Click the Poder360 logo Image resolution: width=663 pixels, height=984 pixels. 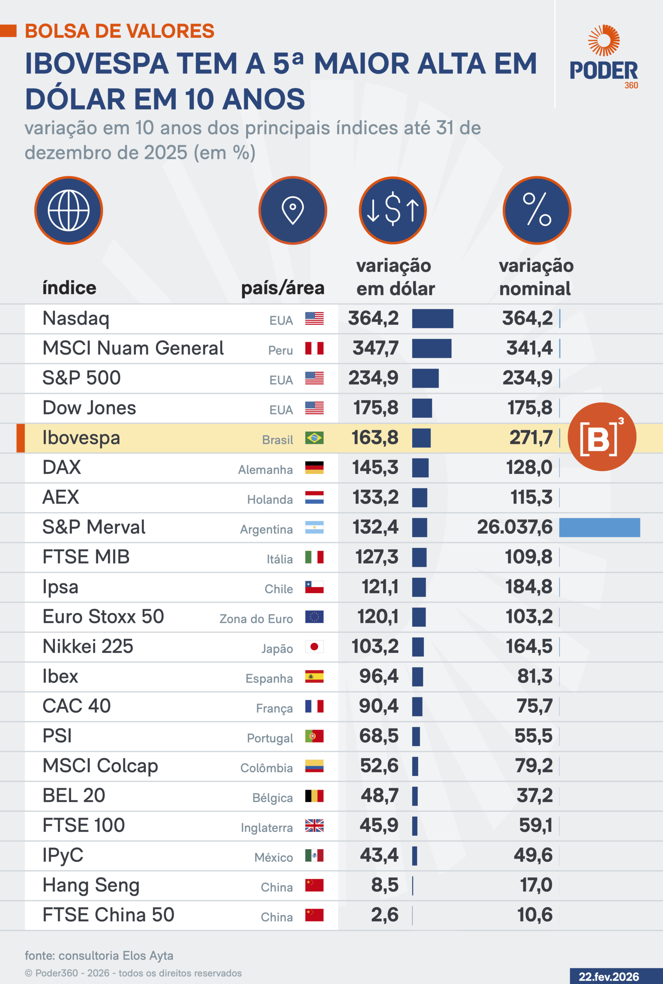click(x=604, y=57)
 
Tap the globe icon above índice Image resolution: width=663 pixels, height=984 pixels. click(x=68, y=210)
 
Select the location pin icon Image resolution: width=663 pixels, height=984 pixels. click(x=293, y=210)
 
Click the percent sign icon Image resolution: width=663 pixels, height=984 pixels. click(x=536, y=210)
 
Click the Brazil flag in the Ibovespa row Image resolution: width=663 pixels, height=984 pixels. click(x=314, y=438)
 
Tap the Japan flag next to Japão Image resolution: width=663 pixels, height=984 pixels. click(x=314, y=647)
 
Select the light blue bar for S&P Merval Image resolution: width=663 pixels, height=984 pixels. click(x=599, y=527)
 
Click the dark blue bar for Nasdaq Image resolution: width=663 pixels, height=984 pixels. click(x=432, y=319)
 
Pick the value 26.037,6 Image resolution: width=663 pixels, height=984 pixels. click(x=515, y=527)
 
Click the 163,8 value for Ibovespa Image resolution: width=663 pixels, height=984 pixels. click(x=375, y=438)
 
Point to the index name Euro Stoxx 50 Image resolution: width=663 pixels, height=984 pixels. click(x=103, y=617)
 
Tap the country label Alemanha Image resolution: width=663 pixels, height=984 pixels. click(x=265, y=470)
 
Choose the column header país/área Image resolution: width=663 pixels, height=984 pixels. click(x=282, y=288)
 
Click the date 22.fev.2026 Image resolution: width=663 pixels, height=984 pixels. click(x=608, y=977)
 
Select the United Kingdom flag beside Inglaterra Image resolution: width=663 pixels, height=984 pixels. click(x=314, y=826)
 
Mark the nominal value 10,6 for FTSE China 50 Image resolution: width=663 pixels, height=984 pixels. click(x=535, y=915)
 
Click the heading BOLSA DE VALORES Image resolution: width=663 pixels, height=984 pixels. click(x=120, y=31)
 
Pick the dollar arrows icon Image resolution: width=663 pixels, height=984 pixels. click(x=393, y=210)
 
